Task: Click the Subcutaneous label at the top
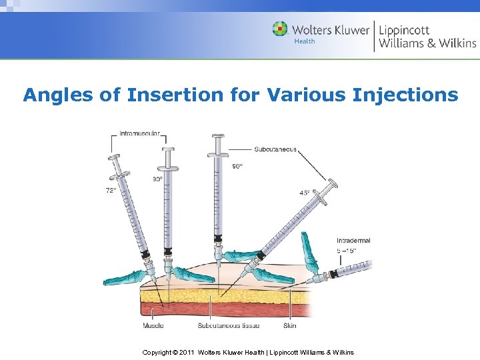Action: click(275, 149)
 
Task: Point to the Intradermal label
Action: click(353, 241)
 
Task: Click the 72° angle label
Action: click(111, 190)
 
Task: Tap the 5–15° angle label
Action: click(347, 251)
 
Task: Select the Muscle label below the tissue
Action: click(153, 326)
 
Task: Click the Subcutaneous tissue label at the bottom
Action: click(229, 326)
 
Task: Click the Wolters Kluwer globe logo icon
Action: click(281, 29)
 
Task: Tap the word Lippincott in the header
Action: click(405, 30)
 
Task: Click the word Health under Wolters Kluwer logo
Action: click(305, 41)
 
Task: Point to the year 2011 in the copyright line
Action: click(187, 353)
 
